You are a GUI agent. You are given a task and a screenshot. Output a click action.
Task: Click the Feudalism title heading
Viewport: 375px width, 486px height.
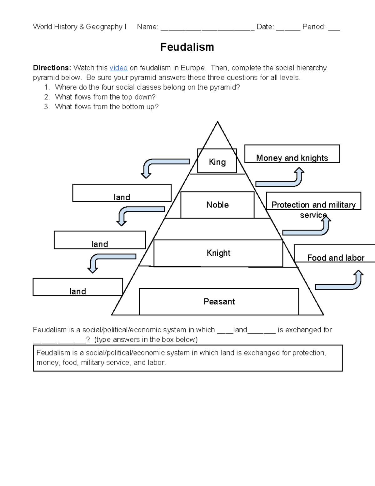click(187, 47)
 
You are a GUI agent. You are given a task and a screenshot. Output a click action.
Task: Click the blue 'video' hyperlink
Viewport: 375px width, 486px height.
click(118, 68)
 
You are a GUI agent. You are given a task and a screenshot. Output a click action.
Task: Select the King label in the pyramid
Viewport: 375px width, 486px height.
click(217, 162)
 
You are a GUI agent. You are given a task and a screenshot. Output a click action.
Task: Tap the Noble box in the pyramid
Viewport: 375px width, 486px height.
click(217, 205)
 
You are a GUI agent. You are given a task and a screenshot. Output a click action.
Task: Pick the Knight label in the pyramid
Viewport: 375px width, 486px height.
click(218, 253)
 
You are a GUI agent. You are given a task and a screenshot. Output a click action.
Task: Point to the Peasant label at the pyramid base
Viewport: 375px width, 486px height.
click(219, 301)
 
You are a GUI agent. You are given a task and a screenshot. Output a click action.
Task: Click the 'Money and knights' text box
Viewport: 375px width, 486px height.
click(292, 154)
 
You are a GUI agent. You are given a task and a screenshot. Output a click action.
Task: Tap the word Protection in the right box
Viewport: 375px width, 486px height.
click(290, 205)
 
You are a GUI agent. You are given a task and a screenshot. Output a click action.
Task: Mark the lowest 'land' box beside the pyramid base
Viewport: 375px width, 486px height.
click(78, 287)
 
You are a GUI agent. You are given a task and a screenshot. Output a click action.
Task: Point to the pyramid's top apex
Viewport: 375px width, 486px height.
click(217, 122)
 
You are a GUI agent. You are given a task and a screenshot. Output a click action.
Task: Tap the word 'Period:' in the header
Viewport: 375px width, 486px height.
click(314, 27)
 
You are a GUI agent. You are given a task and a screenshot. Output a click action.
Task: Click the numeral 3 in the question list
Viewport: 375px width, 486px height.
click(47, 107)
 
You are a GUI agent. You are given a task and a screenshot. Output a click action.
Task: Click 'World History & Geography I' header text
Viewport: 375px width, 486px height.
click(79, 27)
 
